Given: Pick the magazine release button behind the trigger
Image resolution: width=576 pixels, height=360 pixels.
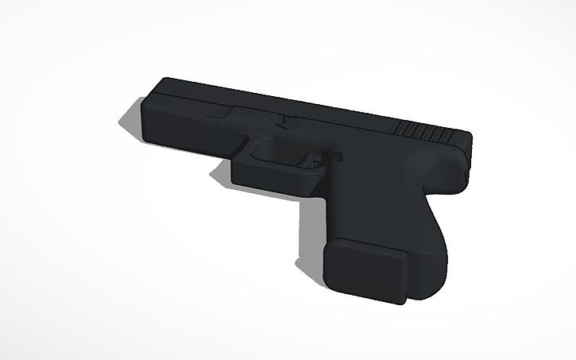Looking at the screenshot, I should point(333,157).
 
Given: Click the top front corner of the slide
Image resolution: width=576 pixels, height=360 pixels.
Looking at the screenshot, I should point(167,82).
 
